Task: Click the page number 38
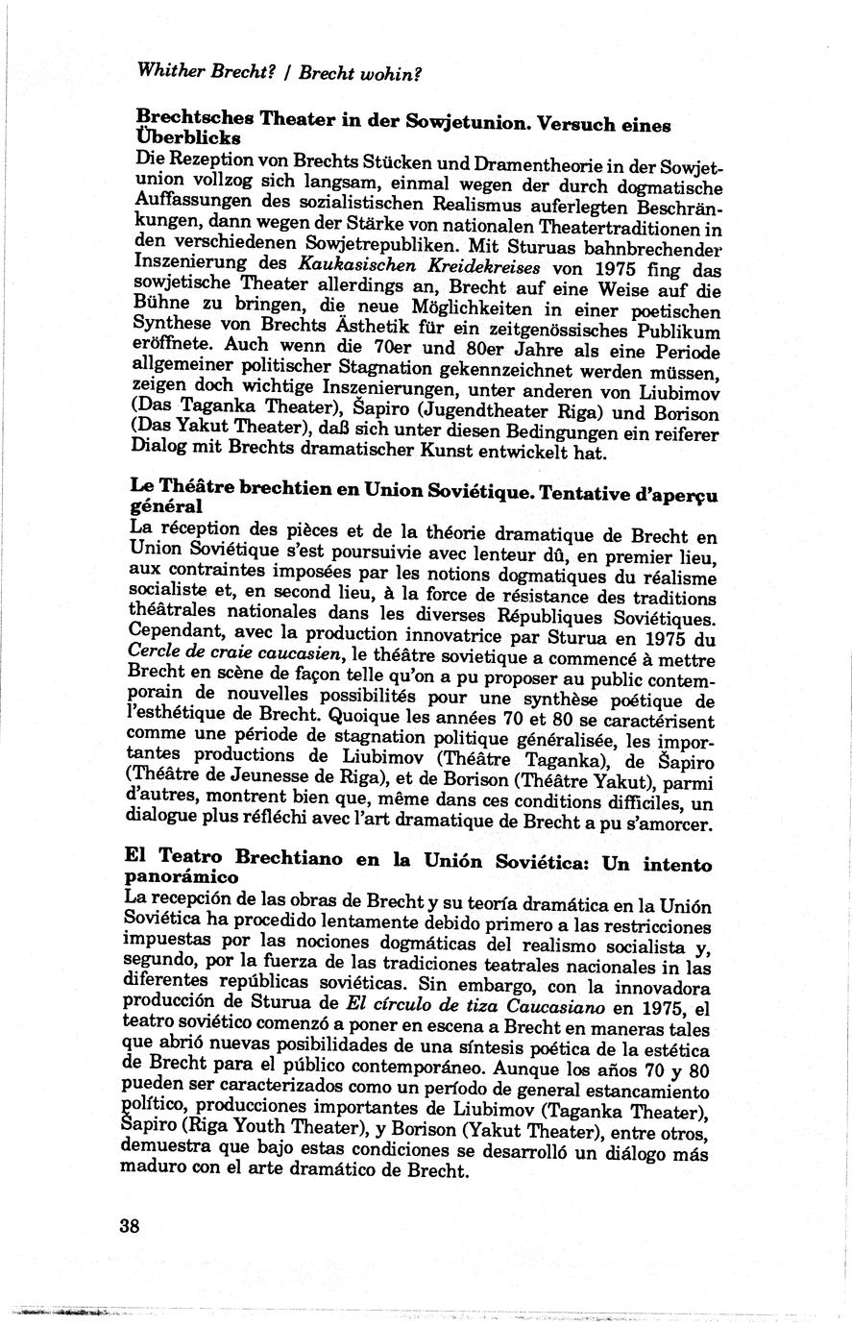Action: [x=130, y=1226]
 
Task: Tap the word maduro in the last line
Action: [x=151, y=1171]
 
